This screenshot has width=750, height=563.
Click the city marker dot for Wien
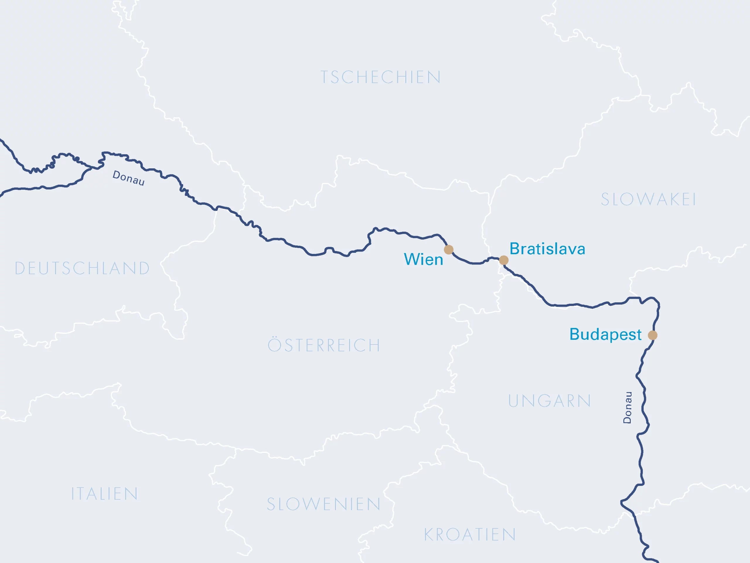coord(449,250)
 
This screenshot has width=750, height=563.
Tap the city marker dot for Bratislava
coord(504,260)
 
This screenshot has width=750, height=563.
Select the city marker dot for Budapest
coord(652,335)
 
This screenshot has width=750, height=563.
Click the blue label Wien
coord(423,260)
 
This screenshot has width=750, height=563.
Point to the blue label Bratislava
coord(547,249)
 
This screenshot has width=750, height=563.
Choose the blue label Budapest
coord(605,335)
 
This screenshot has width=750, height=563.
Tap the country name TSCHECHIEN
coord(381,77)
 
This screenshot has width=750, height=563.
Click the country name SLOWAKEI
coord(648,200)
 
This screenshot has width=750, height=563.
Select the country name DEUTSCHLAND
coord(82,268)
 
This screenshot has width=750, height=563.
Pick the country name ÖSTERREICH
coord(324,345)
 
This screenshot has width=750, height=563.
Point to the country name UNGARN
coord(549,401)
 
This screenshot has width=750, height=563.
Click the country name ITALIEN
coord(104,494)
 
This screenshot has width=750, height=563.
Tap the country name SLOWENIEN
coord(323,504)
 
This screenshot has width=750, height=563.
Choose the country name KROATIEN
coord(470,535)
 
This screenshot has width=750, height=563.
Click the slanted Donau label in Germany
coord(129,178)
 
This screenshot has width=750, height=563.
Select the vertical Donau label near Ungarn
coord(627,408)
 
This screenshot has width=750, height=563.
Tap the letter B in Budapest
coord(575,334)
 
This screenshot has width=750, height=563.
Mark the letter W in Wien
coord(411,260)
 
